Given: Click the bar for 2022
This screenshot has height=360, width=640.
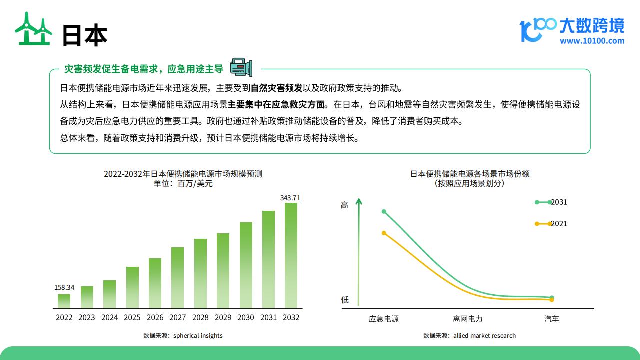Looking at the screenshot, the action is click(64, 301).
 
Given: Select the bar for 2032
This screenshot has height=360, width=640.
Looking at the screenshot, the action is click(291, 255).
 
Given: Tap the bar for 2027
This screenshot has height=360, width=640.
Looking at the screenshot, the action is click(177, 278).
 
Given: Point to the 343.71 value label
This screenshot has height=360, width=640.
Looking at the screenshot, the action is click(290, 198).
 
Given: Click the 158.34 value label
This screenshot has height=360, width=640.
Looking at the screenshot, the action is click(64, 287).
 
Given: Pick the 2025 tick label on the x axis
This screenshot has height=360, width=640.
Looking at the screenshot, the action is click(132, 317).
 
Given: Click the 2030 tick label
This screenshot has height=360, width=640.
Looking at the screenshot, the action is click(245, 317).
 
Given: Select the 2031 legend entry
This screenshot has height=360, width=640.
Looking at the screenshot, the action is click(551, 202).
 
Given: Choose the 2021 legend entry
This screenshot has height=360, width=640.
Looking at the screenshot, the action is click(551, 223).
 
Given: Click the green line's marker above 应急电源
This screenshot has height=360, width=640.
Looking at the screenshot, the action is click(384, 211).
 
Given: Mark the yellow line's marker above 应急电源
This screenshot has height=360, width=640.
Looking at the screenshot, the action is click(384, 233).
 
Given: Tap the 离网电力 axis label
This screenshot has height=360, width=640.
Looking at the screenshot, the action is click(467, 319).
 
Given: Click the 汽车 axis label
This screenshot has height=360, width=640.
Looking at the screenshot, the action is click(551, 319).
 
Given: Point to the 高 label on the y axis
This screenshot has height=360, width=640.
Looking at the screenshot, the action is click(344, 205).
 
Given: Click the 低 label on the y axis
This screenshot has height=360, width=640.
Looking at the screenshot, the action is click(345, 300).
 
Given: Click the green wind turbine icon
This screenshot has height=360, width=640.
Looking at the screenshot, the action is click(33, 28).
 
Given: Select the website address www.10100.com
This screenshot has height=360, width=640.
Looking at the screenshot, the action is click(592, 41).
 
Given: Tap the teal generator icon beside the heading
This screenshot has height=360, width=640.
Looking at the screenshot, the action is click(241, 67).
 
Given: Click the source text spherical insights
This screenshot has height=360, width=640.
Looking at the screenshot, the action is click(198, 335).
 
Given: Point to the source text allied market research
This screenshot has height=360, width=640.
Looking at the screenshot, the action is click(485, 335).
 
